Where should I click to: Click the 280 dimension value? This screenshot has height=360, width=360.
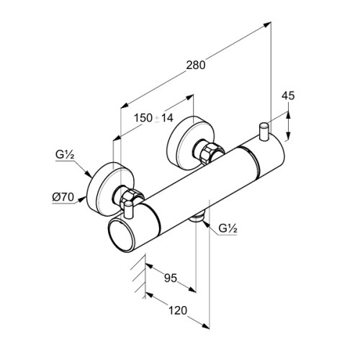tap(196, 65)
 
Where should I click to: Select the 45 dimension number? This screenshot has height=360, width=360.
tap(288, 96)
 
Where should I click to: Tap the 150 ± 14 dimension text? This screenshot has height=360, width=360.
tap(153, 118)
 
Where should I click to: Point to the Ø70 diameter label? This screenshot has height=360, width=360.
tap(63, 197)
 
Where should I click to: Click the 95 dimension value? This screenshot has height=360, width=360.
tap(171, 278)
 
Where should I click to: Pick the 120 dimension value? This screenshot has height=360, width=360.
tap(178, 310)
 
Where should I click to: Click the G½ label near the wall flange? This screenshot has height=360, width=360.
tap(65, 155)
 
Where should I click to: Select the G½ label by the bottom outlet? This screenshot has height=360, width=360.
tap(228, 229)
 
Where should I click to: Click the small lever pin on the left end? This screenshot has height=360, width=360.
tap(129, 210)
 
